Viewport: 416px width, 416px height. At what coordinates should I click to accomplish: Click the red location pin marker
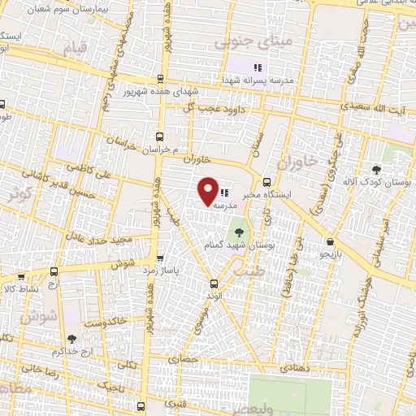pyautogui.click(x=209, y=190)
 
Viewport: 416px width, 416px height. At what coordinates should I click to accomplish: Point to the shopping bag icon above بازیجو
pyautogui.click(x=329, y=241)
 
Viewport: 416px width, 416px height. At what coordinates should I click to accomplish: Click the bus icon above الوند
pyautogui.click(x=214, y=284)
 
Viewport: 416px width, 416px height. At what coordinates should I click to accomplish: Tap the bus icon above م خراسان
pyautogui.click(x=158, y=137)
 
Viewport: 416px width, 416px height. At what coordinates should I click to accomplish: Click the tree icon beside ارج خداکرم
pyautogui.click(x=72, y=339)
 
